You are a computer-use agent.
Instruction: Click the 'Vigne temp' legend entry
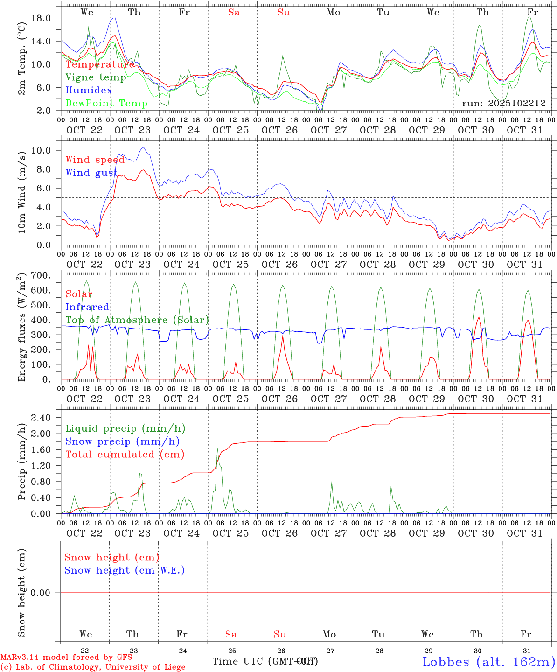pyautogui.click(x=96, y=77)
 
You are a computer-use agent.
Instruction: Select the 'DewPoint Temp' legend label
pyautogui.click(x=106, y=103)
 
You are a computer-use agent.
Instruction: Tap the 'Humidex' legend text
pyautogui.click(x=89, y=90)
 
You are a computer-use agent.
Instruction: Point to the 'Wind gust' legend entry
pyautogui.click(x=91, y=173)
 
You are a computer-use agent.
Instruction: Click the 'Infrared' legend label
pyautogui.click(x=87, y=307)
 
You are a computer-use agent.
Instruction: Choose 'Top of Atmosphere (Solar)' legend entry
pyautogui.click(x=137, y=320)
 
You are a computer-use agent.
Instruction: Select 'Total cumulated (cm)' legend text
pyautogui.click(x=125, y=454)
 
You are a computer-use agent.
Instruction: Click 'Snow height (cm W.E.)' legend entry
pyautogui.click(x=125, y=570)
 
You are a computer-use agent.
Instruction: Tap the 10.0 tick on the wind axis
pyautogui.click(x=41, y=150)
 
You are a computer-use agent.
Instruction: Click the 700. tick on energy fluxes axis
pyautogui.click(x=41, y=275)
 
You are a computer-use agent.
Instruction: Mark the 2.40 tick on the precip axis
pyautogui.click(x=40, y=418)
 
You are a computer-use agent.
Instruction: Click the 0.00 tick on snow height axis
pyautogui.click(x=40, y=593)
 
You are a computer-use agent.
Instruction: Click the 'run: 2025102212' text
pyautogui.click(x=503, y=103)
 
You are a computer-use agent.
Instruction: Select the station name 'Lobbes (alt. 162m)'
pyautogui.click(x=488, y=661)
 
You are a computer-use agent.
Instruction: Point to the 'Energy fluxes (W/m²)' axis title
pyautogui.click(x=22, y=328)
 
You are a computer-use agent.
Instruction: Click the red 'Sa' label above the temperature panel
pyautogui.click(x=234, y=13)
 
